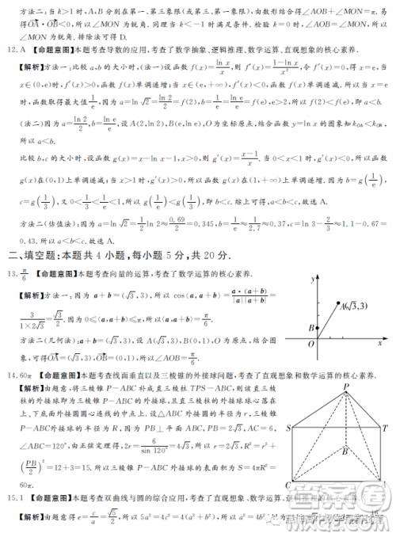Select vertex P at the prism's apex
(346, 387)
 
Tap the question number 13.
(10, 273)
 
